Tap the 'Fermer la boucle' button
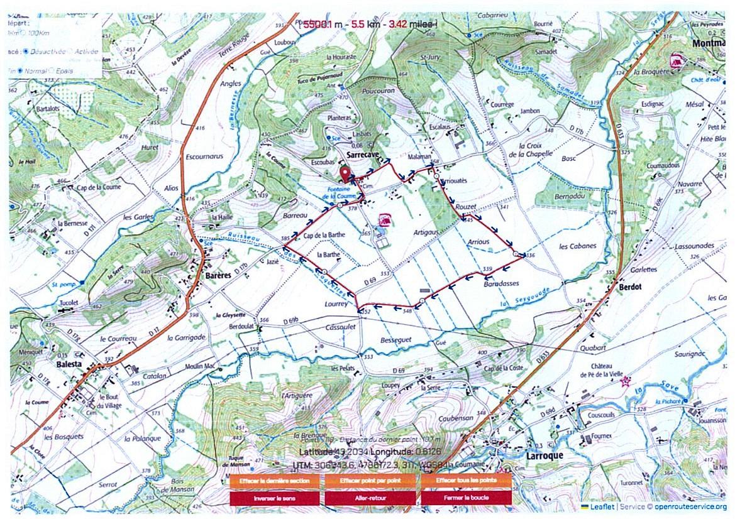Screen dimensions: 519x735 click(x=467, y=498)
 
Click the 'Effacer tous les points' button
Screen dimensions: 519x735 click(x=467, y=481)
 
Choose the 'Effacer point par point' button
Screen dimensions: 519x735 click(x=369, y=481)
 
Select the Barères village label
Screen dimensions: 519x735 click(x=219, y=275)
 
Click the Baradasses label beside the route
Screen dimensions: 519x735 click(x=501, y=283)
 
